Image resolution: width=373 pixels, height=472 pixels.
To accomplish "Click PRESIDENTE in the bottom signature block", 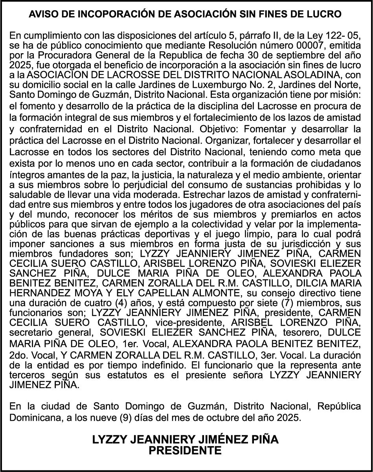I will click(x=185, y=450).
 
